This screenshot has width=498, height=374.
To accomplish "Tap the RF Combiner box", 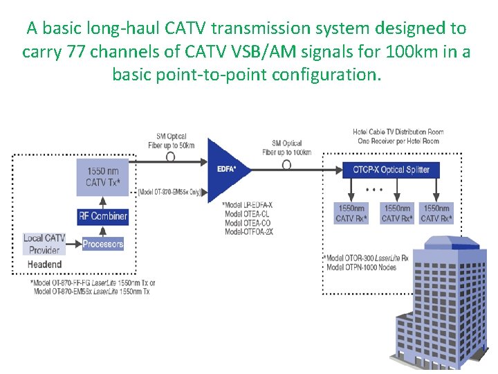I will click(103, 216).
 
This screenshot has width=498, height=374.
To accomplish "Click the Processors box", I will click(103, 244).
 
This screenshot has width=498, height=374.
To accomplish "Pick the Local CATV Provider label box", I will click(44, 243).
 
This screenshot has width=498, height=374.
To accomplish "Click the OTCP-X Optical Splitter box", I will click(391, 170).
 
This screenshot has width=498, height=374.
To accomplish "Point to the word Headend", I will click(44, 264).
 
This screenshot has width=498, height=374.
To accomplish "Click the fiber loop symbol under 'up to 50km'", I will click(170, 157).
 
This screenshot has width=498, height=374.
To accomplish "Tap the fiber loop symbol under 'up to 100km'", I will click(286, 165).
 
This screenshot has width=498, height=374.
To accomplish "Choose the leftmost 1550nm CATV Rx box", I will click(351, 213).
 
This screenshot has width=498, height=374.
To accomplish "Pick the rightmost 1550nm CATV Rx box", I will click(437, 213).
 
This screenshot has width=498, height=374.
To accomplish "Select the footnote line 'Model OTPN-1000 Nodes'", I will click(361, 267).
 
